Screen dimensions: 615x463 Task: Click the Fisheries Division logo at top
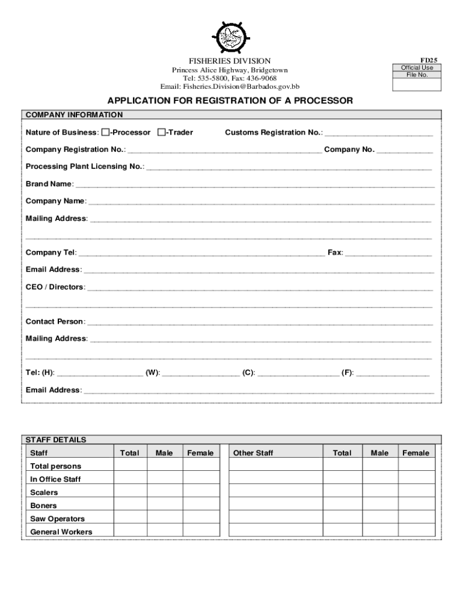coord(231,37)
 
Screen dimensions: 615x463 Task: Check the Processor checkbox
coord(105,132)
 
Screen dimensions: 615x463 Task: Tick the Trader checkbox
coord(161,132)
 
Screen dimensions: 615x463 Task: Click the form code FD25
coord(429,60)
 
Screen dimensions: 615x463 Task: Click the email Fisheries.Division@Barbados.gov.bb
coord(230,87)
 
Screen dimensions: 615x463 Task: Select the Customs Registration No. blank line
coord(379,133)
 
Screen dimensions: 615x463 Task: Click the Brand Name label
coord(49,184)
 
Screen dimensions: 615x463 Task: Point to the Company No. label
coord(349,150)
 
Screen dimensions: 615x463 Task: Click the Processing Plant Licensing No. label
coord(84,166)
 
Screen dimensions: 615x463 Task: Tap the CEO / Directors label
coord(55,287)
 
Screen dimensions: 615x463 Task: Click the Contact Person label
coord(55,322)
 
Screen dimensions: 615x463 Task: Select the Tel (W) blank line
coord(200,374)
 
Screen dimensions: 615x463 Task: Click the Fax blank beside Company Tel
coord(388,253)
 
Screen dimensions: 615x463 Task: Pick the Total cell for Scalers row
coord(130,492)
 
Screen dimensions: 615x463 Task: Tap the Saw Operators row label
coord(58,519)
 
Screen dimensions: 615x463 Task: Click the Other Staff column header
coord(253,453)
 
